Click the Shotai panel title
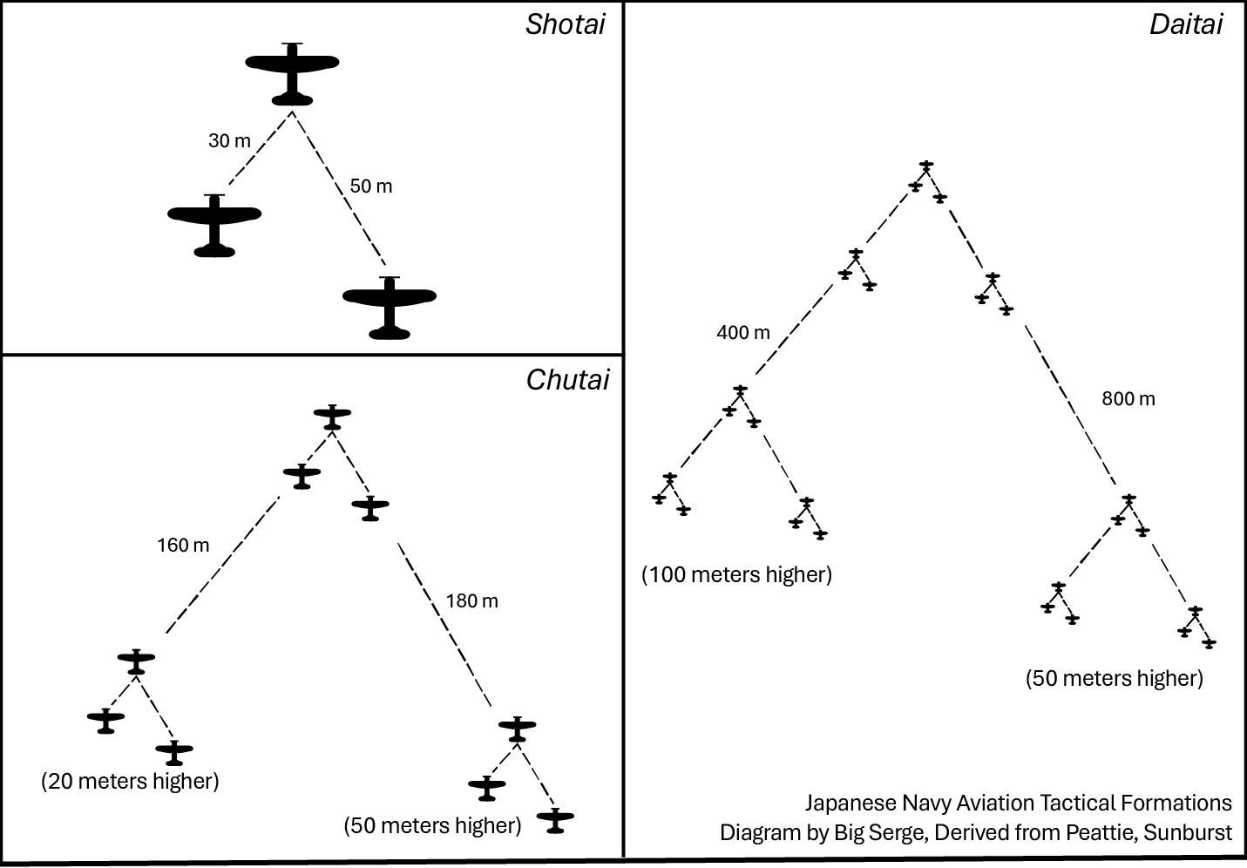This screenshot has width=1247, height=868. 565,24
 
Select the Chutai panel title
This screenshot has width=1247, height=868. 567,380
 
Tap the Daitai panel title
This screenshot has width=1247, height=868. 1185,24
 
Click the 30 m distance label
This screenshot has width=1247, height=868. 229,140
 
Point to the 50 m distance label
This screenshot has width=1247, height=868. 371,186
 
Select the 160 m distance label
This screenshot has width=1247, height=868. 183,546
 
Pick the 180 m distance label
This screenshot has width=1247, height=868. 471,600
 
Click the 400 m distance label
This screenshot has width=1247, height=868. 743,332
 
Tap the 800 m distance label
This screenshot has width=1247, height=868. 1128,398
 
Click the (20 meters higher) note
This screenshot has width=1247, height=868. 130,781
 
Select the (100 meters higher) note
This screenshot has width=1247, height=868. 737,575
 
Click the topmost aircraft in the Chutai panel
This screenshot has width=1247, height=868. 332,416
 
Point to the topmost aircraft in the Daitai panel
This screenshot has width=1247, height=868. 926,166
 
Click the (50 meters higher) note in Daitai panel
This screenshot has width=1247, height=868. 1114,678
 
